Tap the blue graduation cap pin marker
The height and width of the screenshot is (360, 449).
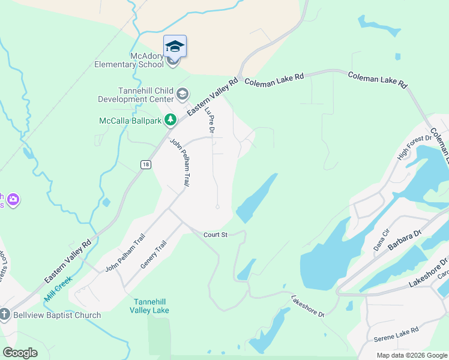click(x=175, y=46)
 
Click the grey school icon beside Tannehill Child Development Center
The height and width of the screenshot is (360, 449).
click(x=182, y=94)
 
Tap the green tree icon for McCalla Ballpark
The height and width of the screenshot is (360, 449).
click(x=170, y=121)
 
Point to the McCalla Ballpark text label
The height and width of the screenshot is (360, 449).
click(x=131, y=121)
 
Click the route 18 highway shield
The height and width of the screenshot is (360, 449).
click(x=145, y=164)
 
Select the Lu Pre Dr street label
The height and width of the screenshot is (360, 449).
click(x=209, y=120)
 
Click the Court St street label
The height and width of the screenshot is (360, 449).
click(x=215, y=235)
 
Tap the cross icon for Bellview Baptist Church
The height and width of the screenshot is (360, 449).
click(x=5, y=314)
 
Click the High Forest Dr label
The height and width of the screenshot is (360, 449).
click(x=414, y=147)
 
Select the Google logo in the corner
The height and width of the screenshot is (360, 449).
click(x=20, y=353)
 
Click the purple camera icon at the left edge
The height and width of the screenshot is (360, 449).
click(x=13, y=199)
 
